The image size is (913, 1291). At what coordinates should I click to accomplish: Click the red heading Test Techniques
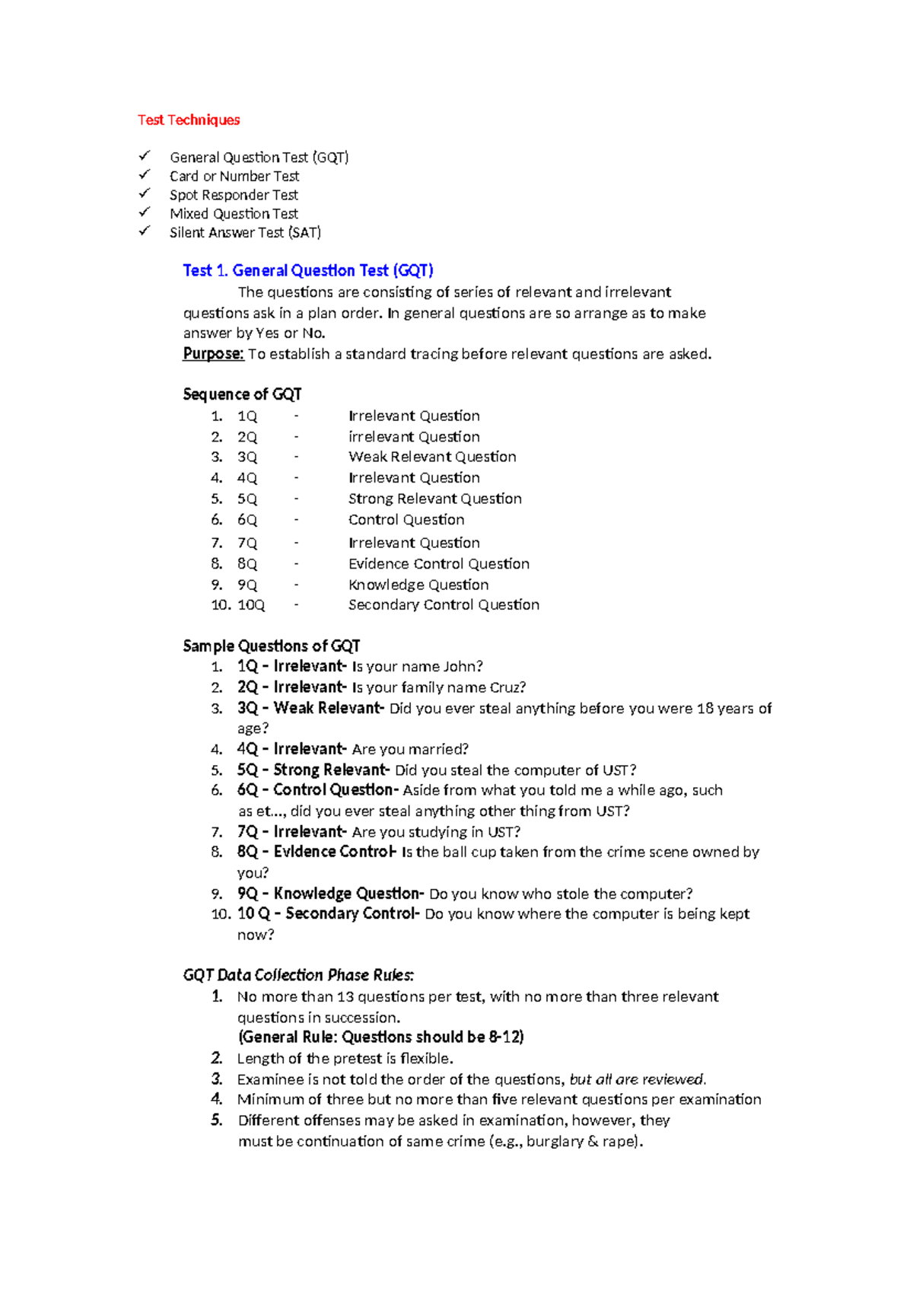[189, 120]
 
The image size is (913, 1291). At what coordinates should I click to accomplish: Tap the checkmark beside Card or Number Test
[145, 175]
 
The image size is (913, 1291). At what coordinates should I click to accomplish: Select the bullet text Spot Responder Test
[234, 195]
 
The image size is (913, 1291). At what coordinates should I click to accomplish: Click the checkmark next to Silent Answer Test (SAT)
[145, 231]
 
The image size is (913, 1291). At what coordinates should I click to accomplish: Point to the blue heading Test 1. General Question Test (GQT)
[308, 270]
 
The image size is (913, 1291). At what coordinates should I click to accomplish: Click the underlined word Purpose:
[213, 354]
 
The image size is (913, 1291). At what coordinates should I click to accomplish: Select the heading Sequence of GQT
[242, 394]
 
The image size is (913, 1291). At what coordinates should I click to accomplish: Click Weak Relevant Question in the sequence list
[432, 457]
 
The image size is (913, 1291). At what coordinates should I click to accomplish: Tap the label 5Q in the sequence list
[247, 499]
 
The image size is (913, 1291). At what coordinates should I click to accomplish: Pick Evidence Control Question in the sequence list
[439, 564]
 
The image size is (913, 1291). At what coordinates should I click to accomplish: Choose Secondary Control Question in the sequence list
[444, 605]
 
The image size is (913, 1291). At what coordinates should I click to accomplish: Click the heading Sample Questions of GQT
[271, 646]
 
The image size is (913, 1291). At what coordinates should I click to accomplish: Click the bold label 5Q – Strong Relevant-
[313, 770]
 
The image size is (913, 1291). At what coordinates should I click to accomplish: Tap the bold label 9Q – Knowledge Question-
[330, 894]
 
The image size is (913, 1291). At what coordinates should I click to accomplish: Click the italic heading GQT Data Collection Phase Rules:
[298, 975]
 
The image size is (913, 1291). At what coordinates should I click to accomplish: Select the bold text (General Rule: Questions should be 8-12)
[380, 1038]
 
